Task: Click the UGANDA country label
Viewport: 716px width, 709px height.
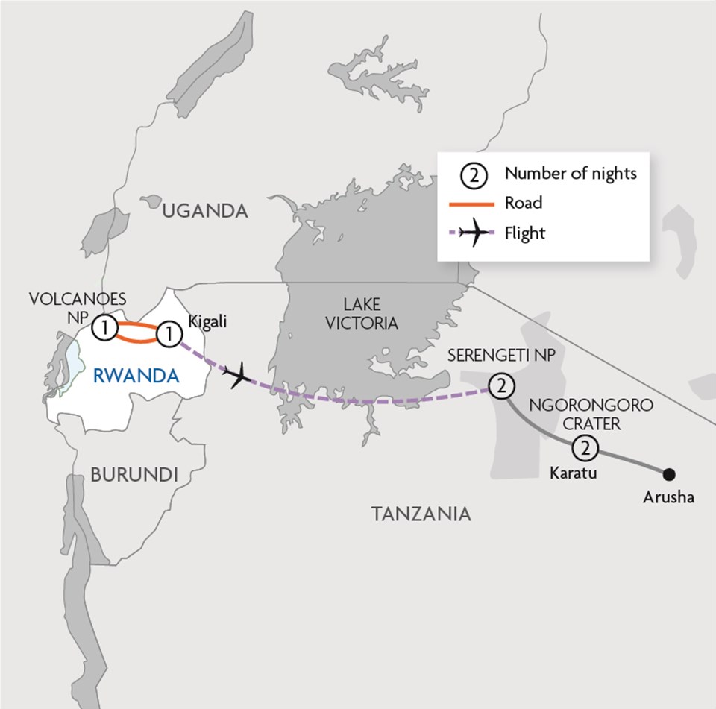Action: [205, 211]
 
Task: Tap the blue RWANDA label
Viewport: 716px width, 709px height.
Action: [137, 376]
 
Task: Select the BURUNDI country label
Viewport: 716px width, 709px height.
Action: [134, 474]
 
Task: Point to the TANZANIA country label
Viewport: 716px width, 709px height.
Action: [421, 513]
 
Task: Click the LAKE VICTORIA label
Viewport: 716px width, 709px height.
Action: [362, 313]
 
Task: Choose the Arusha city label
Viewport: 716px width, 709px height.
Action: [668, 497]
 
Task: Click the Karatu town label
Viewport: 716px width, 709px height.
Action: [573, 472]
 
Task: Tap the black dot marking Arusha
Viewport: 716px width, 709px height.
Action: [669, 473]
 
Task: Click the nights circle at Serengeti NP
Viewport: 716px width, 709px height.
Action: [500, 386]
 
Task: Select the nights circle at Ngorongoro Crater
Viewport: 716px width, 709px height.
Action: [586, 449]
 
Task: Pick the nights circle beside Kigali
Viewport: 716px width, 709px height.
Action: [170, 334]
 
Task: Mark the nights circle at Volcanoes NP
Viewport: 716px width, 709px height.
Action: [104, 327]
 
